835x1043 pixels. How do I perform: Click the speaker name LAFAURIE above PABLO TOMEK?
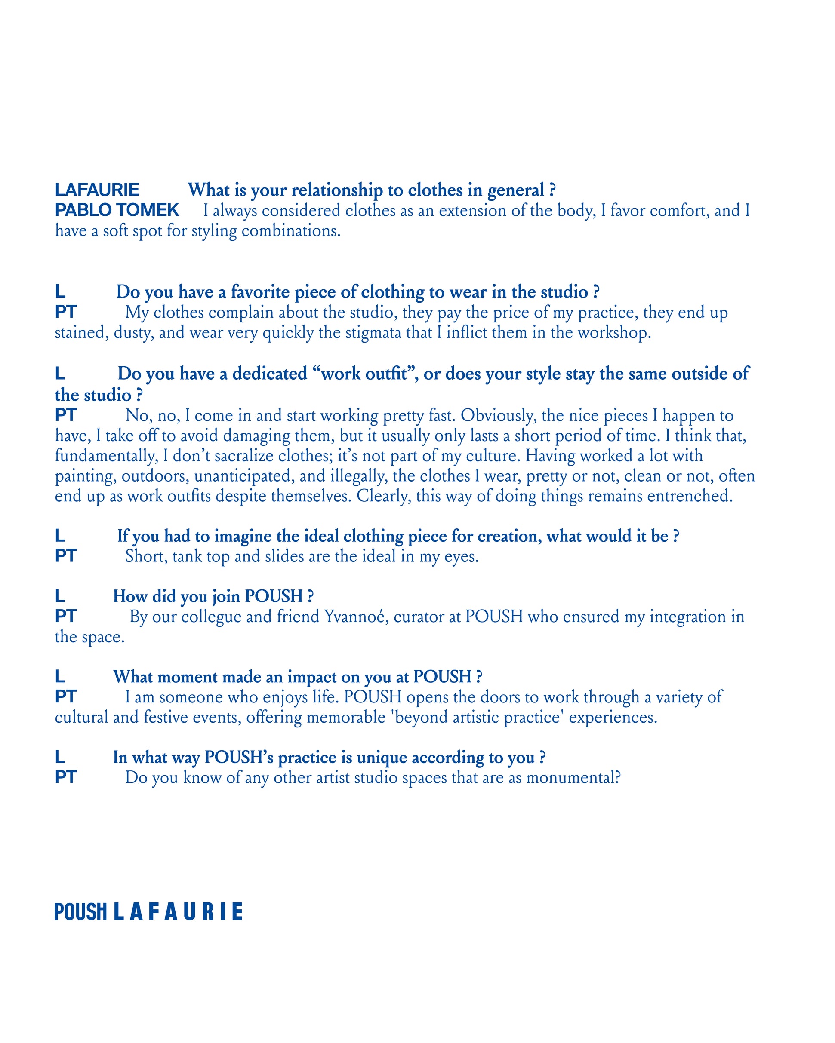tap(97, 190)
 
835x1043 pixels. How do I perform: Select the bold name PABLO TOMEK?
tap(117, 210)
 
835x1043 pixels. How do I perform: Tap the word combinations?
tap(291, 231)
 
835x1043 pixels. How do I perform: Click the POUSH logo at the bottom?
tap(80, 912)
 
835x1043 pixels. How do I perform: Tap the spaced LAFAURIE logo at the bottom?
tap(178, 912)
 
